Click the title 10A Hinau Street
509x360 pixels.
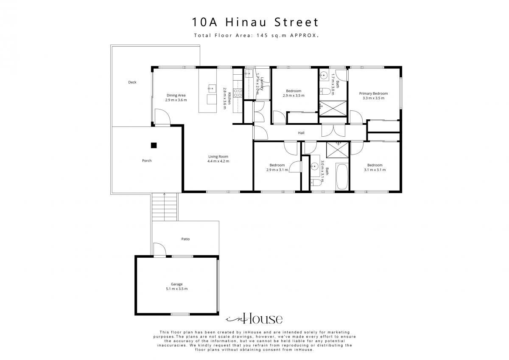[255, 22]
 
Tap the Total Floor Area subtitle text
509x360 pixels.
[256, 35]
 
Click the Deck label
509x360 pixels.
[132, 82]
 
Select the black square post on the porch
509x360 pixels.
[154, 145]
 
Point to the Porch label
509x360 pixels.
[147, 160]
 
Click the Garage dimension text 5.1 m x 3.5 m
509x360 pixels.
[177, 289]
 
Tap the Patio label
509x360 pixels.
[185, 239]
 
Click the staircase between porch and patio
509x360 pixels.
[164, 207]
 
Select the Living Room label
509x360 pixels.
[218, 157]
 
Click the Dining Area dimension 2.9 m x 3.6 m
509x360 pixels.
[176, 100]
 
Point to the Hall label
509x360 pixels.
[301, 133]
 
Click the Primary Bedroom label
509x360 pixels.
[373, 93]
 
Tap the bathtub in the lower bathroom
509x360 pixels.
[342, 177]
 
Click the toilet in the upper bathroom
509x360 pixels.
[325, 91]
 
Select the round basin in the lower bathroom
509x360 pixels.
[315, 166]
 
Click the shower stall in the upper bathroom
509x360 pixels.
[333, 109]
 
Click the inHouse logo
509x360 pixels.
[254, 319]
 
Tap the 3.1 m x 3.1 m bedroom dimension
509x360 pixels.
[375, 170]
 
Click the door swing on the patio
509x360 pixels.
[159, 249]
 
